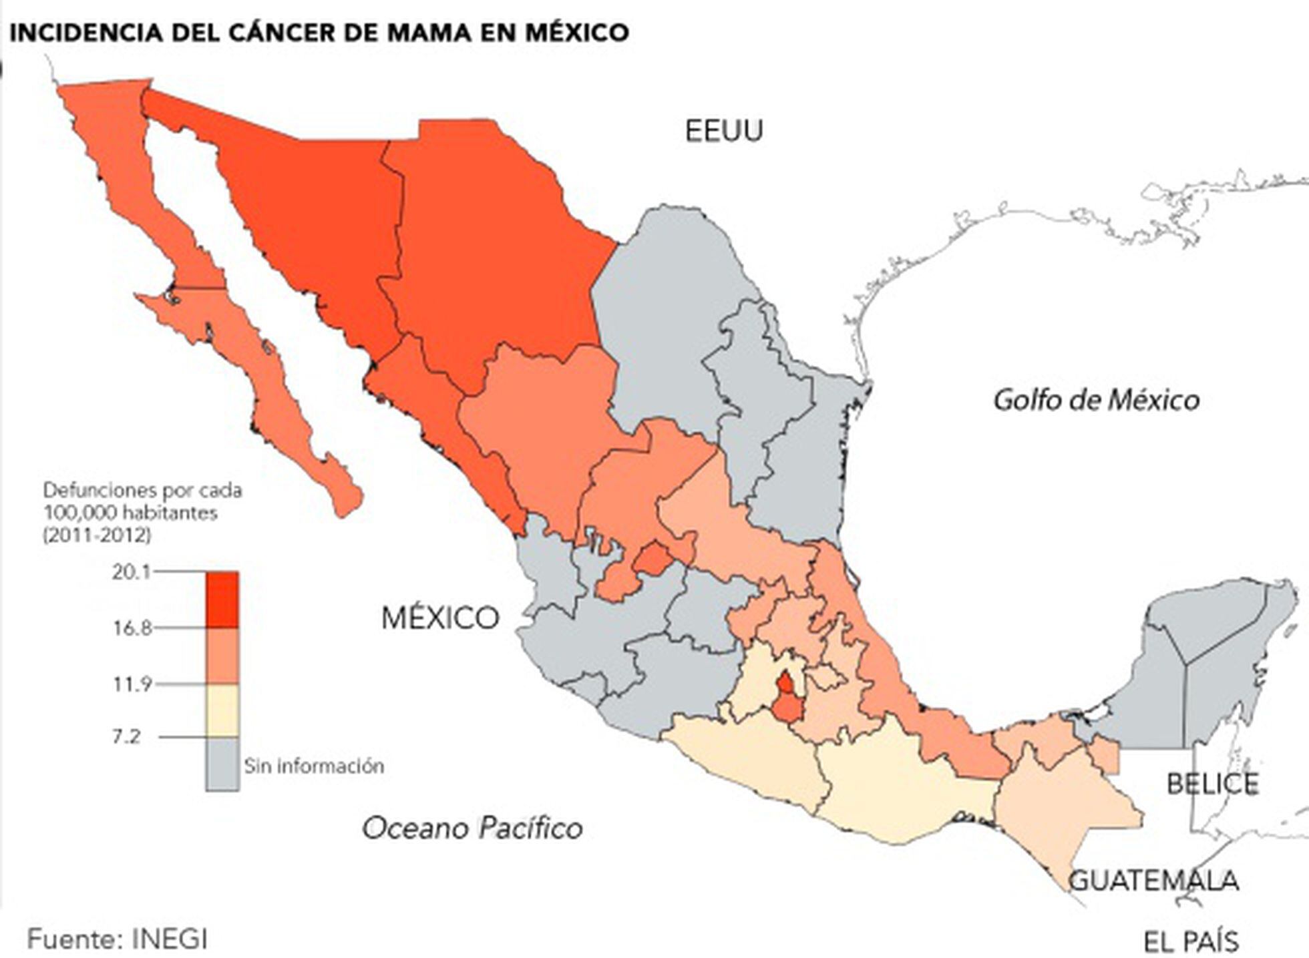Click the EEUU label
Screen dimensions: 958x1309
(723, 131)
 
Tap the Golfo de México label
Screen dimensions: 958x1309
(1096, 400)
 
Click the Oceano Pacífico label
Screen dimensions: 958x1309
(472, 828)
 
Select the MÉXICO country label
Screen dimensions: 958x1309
(440, 618)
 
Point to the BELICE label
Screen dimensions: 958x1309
(1212, 784)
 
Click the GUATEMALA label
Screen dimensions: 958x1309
(1154, 881)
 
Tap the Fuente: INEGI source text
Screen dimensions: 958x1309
(118, 939)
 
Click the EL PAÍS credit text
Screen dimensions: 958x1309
(1191, 942)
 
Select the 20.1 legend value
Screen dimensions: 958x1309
(131, 572)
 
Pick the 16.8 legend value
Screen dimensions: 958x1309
(131, 628)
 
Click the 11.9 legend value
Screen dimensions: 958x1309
(131, 684)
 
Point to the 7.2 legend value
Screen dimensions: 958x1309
(126, 737)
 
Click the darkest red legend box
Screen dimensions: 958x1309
(222, 600)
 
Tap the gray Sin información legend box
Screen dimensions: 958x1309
(222, 764)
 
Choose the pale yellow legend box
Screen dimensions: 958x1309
(222, 710)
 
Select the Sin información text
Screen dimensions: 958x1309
(314, 766)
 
